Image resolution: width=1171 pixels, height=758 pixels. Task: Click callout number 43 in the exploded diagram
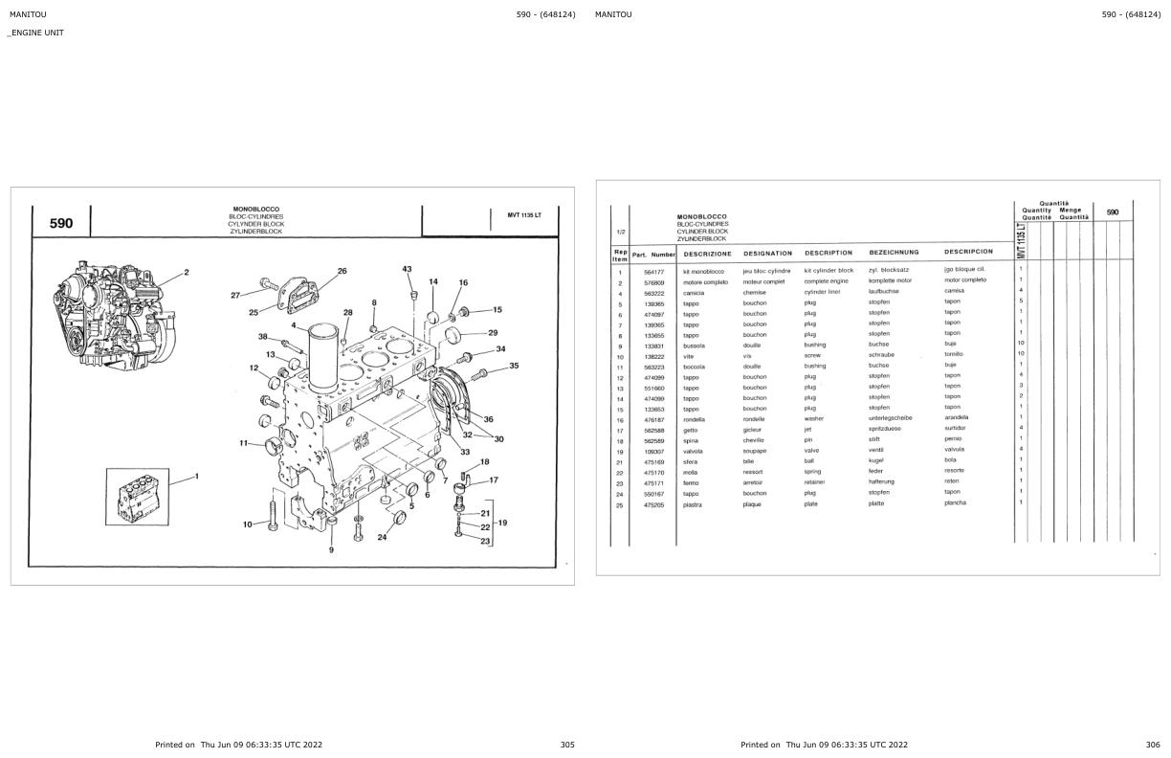pyautogui.click(x=407, y=270)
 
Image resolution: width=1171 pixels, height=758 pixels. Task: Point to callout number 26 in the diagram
pyautogui.click(x=342, y=271)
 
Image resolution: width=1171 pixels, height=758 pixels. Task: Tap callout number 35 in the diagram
pyautogui.click(x=514, y=366)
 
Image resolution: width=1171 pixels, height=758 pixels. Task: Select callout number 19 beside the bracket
pyautogui.click(x=502, y=523)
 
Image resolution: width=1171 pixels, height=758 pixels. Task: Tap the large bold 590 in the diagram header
pyautogui.click(x=60, y=223)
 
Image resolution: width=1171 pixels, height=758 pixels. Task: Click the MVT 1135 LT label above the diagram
pyautogui.click(x=523, y=214)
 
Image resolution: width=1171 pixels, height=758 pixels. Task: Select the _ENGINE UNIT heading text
pyautogui.click(x=35, y=33)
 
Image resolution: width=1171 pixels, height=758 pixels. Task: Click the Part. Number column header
pyautogui.click(x=653, y=254)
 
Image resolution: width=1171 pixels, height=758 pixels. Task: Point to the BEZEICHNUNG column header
pyautogui.click(x=894, y=253)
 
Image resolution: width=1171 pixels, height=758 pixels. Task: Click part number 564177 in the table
pyautogui.click(x=653, y=271)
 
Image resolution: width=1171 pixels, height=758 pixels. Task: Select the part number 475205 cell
pyautogui.click(x=653, y=504)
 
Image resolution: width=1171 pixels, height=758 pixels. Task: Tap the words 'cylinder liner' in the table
pyautogui.click(x=822, y=292)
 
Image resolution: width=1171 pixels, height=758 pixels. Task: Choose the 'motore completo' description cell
pyautogui.click(x=705, y=281)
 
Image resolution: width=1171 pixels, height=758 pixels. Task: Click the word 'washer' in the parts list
pyautogui.click(x=813, y=418)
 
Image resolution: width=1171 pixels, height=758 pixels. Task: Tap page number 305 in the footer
pyautogui.click(x=567, y=744)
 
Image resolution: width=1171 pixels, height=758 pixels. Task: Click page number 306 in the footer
pyautogui.click(x=1153, y=744)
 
